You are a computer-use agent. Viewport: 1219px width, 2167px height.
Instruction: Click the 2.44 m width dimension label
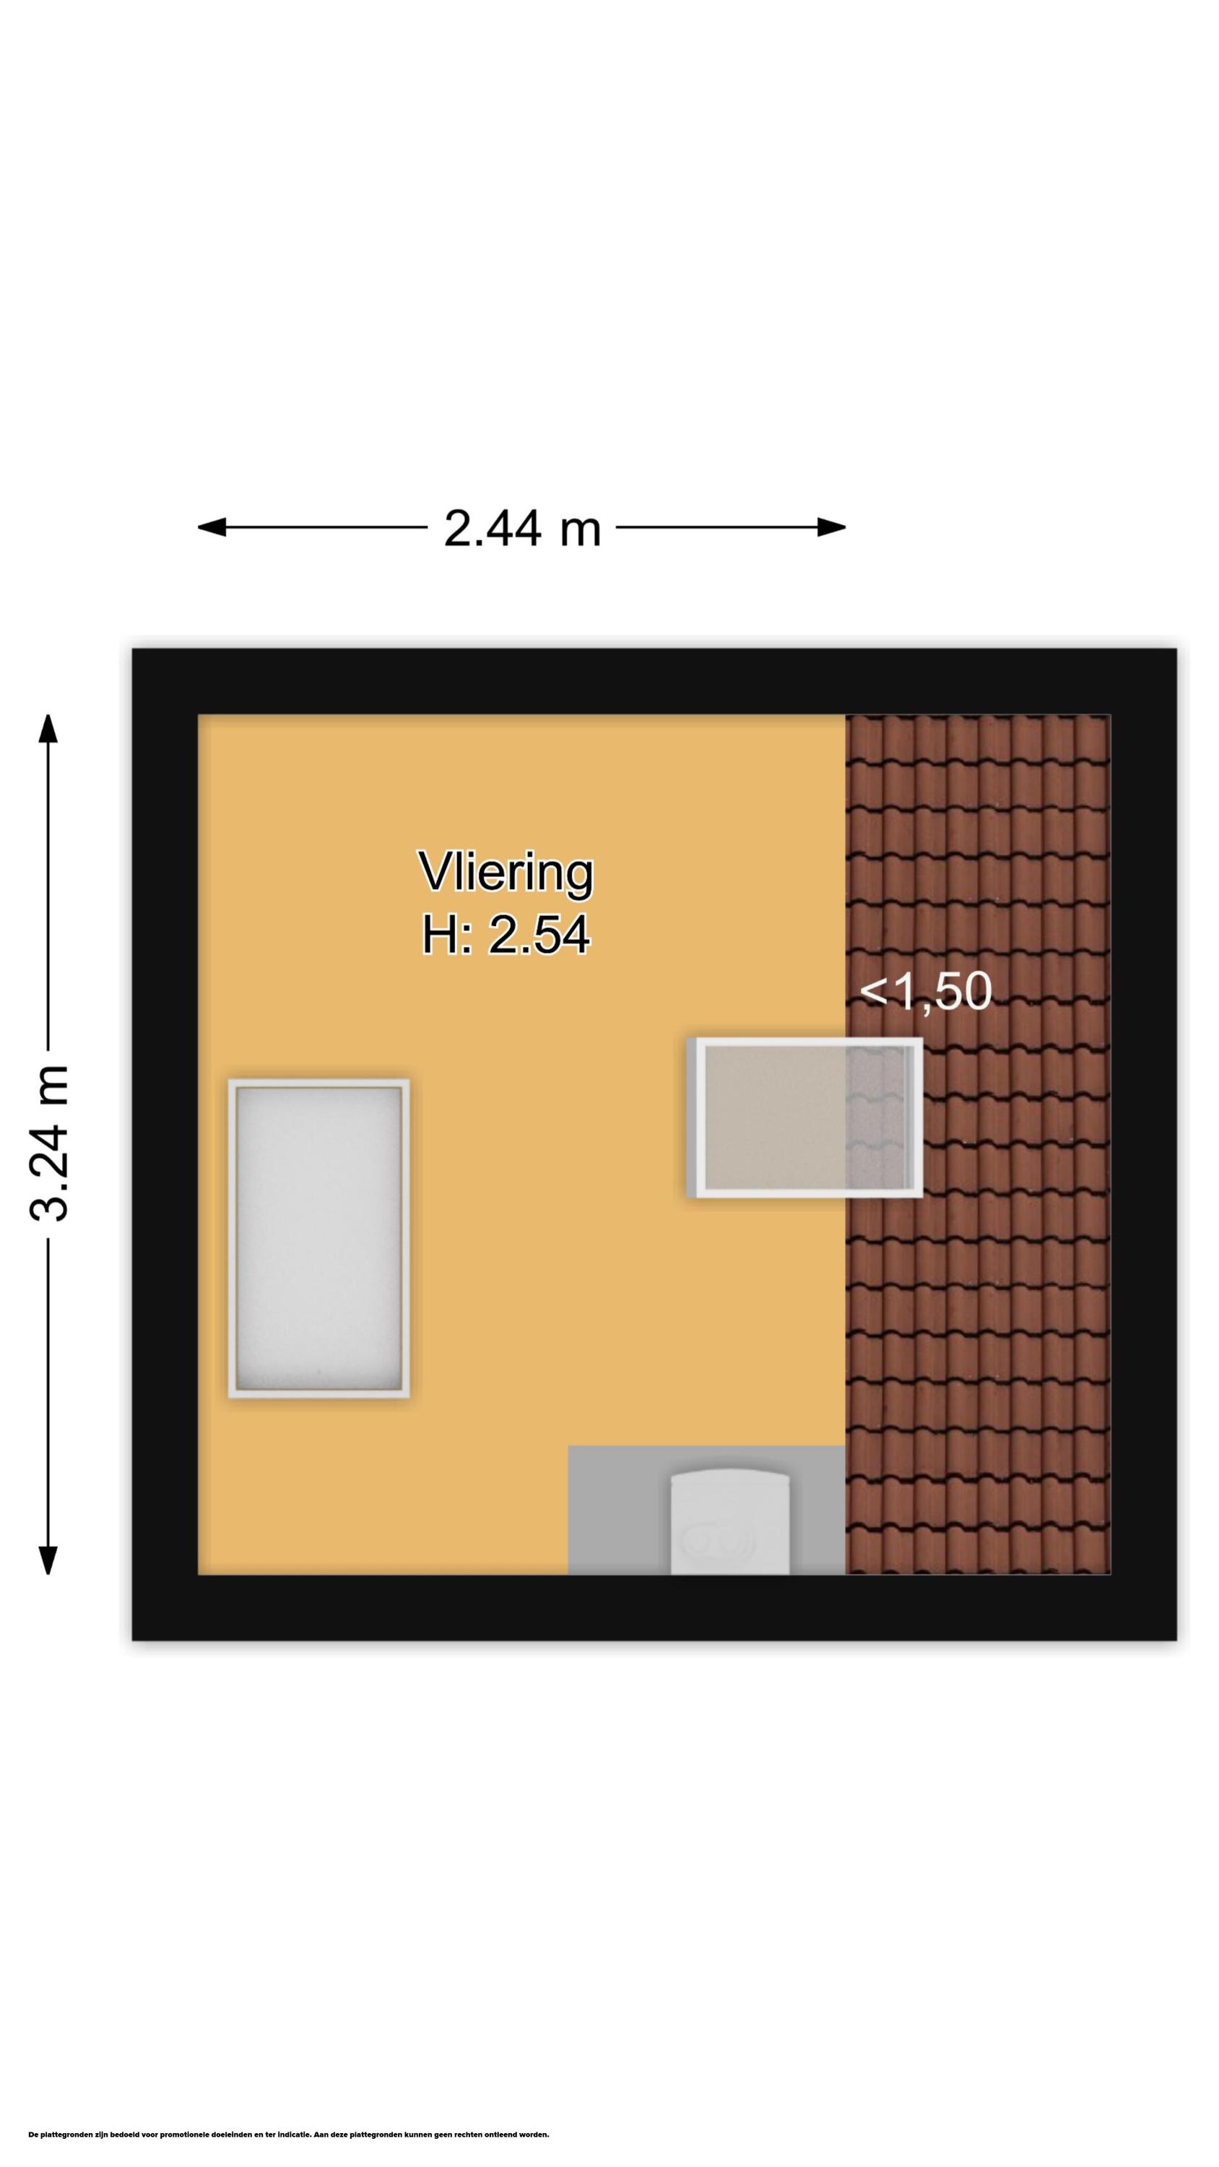tap(521, 528)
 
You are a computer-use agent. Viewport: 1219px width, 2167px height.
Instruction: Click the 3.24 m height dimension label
tap(48, 1143)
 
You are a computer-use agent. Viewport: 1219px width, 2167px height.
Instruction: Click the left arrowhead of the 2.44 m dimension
tap(211, 527)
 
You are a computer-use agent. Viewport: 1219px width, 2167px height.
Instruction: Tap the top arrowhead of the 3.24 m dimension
tap(48, 729)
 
